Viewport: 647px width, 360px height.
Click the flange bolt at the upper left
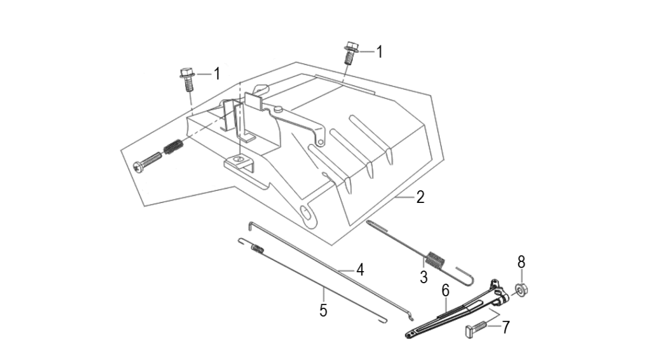[x=188, y=80]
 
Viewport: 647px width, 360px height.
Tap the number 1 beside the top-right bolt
[x=379, y=52]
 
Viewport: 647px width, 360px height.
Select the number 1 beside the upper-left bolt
[x=217, y=73]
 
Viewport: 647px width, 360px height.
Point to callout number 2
[x=420, y=198]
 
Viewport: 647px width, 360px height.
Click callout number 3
[x=423, y=278]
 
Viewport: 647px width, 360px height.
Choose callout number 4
[x=360, y=269]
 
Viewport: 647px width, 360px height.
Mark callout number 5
[x=323, y=311]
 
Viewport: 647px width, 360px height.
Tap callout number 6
[x=445, y=291]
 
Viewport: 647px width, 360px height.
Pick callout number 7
[x=505, y=327]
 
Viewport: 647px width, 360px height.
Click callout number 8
[x=521, y=262]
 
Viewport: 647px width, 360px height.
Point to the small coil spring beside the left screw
[x=173, y=148]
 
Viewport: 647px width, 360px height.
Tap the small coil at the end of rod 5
[x=258, y=248]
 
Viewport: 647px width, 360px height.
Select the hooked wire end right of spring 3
[x=467, y=275]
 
